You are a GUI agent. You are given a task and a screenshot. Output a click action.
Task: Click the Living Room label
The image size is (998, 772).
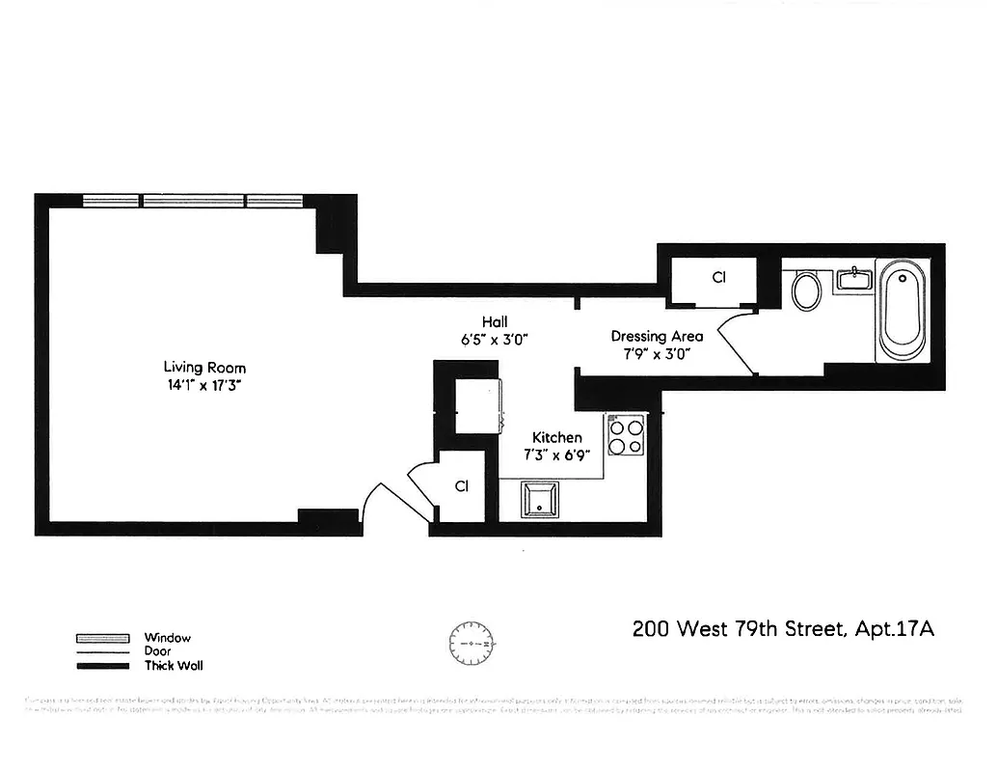click(x=204, y=368)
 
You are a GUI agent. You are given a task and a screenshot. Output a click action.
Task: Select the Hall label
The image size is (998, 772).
click(x=496, y=322)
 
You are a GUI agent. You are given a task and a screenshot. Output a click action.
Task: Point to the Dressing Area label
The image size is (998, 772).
click(x=657, y=337)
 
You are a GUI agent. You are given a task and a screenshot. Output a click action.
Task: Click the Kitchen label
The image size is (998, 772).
click(x=557, y=437)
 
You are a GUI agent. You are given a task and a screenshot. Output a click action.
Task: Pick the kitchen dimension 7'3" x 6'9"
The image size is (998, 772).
click(x=557, y=453)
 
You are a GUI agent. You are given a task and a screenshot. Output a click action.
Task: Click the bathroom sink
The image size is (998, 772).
click(x=854, y=280)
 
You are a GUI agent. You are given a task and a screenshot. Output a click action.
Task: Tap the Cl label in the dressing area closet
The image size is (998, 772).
click(x=717, y=277)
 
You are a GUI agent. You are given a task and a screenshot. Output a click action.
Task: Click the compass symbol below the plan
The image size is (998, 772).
click(x=471, y=641)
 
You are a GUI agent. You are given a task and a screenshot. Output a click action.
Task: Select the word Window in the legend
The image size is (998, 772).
click(x=168, y=638)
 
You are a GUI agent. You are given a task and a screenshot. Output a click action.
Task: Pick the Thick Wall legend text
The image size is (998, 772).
click(x=174, y=665)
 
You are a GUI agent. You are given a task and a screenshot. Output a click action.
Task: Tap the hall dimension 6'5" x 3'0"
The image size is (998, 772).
click(x=496, y=339)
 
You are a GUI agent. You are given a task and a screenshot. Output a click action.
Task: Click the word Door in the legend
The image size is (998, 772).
click(x=157, y=651)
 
